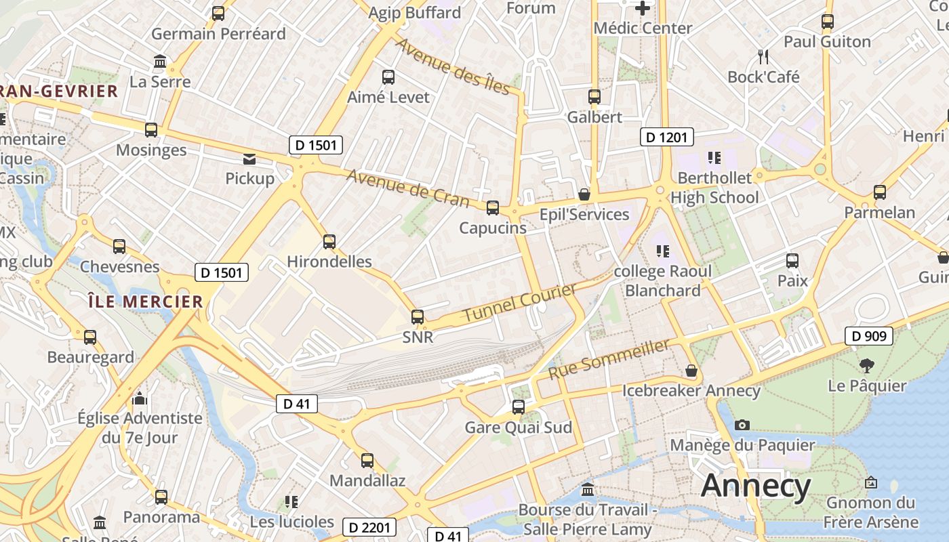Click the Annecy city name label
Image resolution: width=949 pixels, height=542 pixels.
[756, 486]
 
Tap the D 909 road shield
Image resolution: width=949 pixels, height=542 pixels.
[869, 335]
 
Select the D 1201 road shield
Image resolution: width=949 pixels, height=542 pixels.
[666, 138]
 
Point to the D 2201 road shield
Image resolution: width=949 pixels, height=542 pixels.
[369, 527]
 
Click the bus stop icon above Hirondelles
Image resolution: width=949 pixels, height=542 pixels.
[329, 241]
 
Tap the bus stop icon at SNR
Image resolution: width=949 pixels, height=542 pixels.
[418, 316]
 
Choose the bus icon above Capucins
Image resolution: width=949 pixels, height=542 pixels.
[493, 208]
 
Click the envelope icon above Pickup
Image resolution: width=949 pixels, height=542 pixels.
[249, 159]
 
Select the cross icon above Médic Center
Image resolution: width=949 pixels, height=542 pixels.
[643, 8]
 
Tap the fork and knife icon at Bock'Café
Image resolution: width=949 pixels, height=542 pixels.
[763, 56]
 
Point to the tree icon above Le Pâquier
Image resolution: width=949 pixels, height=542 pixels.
[866, 366]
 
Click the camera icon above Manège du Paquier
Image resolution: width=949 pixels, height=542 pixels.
[742, 425]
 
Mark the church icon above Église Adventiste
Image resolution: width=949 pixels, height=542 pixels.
[140, 398]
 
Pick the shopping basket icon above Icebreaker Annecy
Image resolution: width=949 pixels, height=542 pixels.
[691, 371]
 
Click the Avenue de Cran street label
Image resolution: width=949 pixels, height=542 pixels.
[408, 188]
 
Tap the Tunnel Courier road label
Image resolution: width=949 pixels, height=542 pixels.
[520, 302]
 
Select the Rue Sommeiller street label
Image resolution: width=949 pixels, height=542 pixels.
[609, 359]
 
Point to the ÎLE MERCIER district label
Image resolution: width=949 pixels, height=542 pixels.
[146, 301]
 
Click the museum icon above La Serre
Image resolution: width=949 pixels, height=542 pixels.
[160, 62]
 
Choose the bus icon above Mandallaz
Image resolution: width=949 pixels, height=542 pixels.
[367, 461]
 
